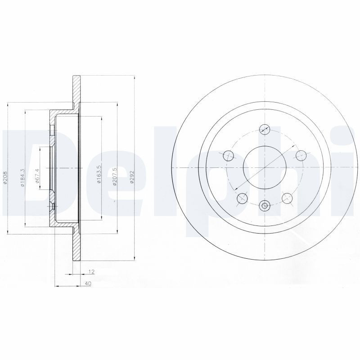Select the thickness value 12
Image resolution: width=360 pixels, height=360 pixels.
(x=91, y=272)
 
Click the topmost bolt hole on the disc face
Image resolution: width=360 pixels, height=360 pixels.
(x=264, y=128)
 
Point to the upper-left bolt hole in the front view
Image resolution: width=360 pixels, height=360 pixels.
(x=229, y=155)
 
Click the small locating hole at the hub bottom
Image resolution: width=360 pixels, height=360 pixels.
(x=264, y=207)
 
